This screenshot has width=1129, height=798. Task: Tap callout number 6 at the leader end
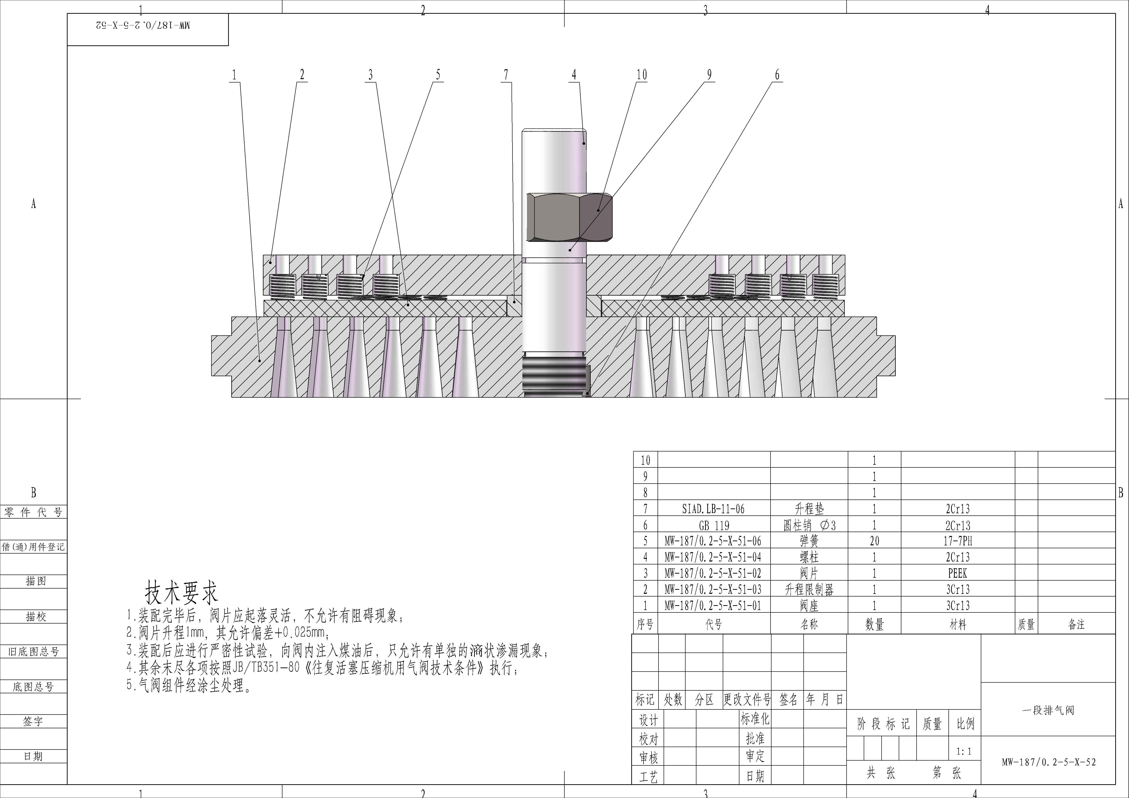(x=777, y=75)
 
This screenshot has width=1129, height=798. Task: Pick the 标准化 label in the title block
(x=755, y=719)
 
